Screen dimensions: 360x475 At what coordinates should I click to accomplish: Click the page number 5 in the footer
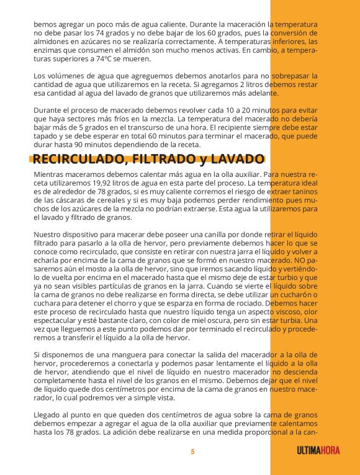(192, 451)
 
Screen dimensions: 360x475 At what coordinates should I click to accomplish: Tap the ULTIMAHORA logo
(318, 451)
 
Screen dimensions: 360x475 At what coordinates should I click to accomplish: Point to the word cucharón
(295, 297)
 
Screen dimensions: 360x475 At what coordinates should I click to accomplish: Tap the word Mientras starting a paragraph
(50, 176)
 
